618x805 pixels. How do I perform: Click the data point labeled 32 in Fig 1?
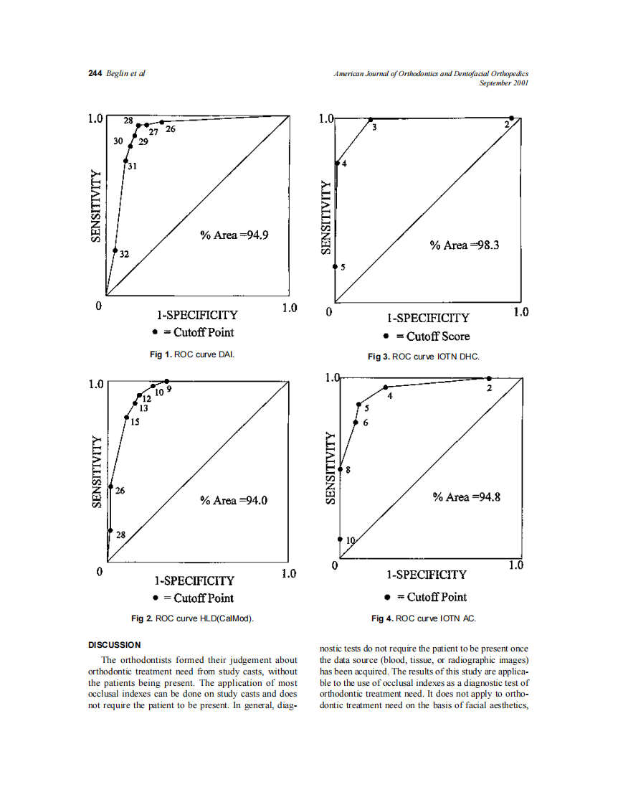click(115, 250)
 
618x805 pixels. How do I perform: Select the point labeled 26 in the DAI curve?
click(162, 122)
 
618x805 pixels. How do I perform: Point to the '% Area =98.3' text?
click(465, 245)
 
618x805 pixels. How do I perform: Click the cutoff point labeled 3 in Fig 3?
click(371, 119)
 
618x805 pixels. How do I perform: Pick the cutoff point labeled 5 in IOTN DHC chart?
click(336, 266)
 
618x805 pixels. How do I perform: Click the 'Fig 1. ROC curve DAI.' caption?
click(191, 354)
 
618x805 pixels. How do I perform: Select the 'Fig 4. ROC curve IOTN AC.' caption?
click(423, 618)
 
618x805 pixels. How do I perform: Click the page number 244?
click(95, 74)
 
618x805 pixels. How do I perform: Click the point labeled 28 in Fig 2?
click(110, 531)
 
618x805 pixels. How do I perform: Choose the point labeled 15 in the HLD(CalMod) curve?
click(126, 418)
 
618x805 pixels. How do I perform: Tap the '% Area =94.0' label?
click(234, 501)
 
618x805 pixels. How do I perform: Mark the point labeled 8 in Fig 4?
click(340, 469)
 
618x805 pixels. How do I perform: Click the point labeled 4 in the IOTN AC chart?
click(386, 387)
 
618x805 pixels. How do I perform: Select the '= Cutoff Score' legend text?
click(433, 336)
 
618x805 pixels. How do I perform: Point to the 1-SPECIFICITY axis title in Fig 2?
click(195, 580)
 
